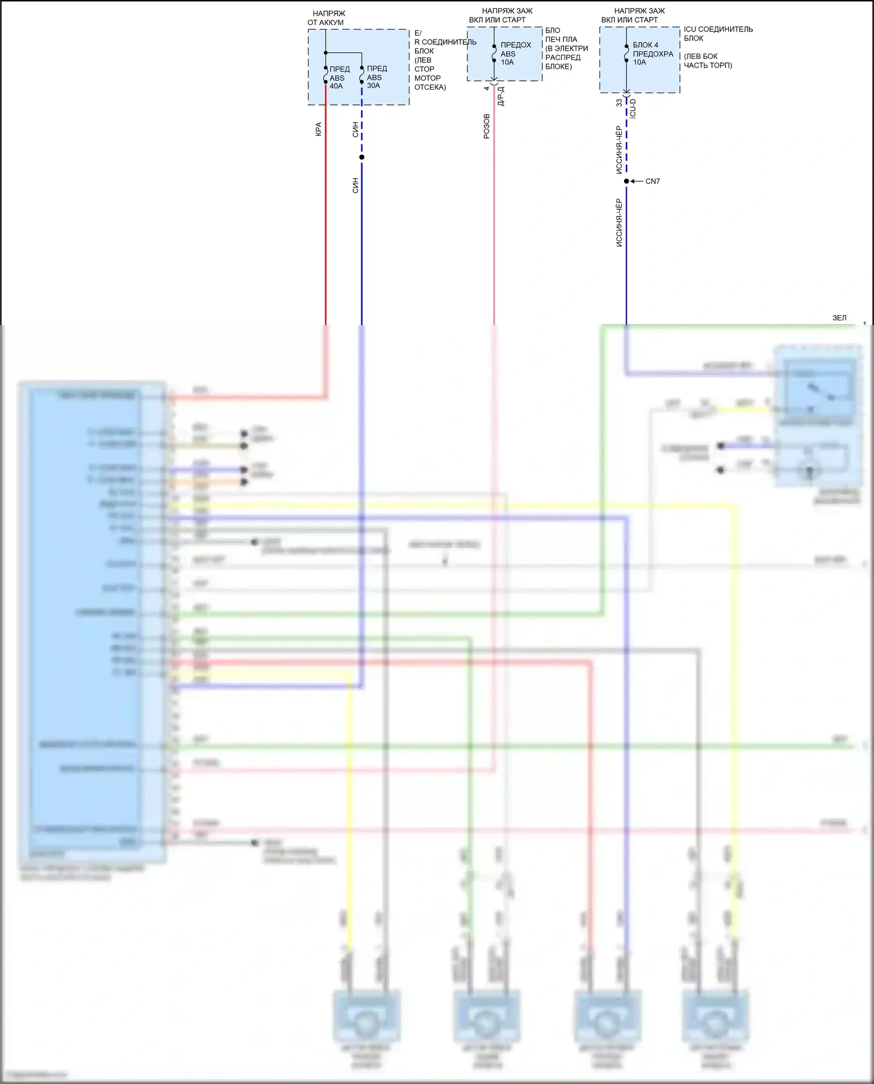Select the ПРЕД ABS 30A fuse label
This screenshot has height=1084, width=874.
coord(376,77)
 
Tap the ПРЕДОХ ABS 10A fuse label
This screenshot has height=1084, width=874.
coord(515,54)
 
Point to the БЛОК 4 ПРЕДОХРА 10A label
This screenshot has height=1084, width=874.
coord(652,54)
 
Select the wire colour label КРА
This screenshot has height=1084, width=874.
coord(318,129)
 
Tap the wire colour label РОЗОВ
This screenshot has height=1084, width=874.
coord(487,126)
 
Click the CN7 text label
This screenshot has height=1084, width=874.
coord(653,181)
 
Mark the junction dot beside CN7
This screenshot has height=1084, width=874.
coord(626,181)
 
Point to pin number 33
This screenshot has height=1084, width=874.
coord(619,103)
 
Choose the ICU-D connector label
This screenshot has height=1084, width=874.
coord(633,108)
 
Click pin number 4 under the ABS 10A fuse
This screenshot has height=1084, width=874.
coord(487,89)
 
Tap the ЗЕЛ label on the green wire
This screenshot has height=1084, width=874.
coord(839,318)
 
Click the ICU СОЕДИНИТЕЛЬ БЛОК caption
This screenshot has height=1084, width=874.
coord(717,34)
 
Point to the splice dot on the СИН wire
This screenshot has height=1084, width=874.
coord(362,157)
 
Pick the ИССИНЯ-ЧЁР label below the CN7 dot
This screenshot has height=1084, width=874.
coord(619,223)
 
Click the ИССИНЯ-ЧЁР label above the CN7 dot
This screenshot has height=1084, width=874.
coord(619,150)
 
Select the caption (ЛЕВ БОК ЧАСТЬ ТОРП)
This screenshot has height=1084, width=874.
coord(707,61)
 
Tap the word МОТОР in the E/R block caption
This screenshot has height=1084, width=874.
coord(427,78)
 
